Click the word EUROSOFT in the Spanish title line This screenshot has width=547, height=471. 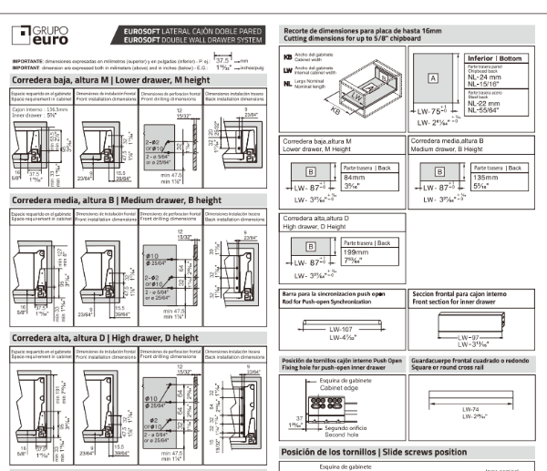(x=136, y=32)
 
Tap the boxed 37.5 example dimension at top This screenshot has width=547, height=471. (x=222, y=58)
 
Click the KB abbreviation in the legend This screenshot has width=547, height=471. (x=288, y=57)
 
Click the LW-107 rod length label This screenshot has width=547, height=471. (x=341, y=327)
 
